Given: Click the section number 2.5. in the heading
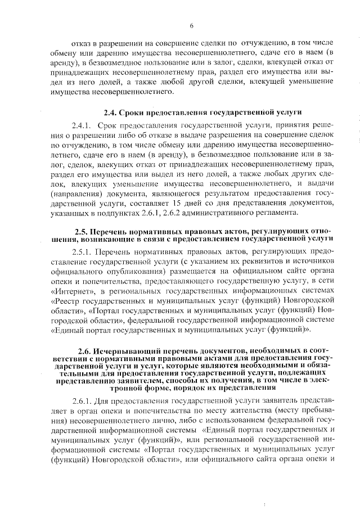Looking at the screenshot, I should [x=84, y=232].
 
